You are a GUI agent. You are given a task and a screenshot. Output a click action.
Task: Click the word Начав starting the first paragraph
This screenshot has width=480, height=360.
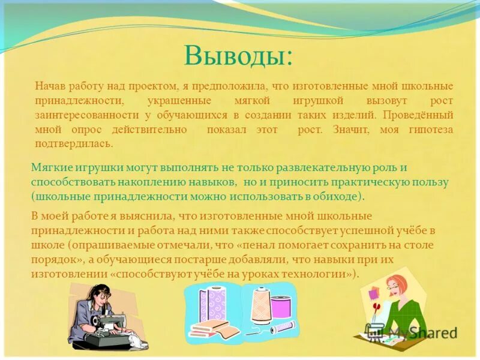pos(50,86)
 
